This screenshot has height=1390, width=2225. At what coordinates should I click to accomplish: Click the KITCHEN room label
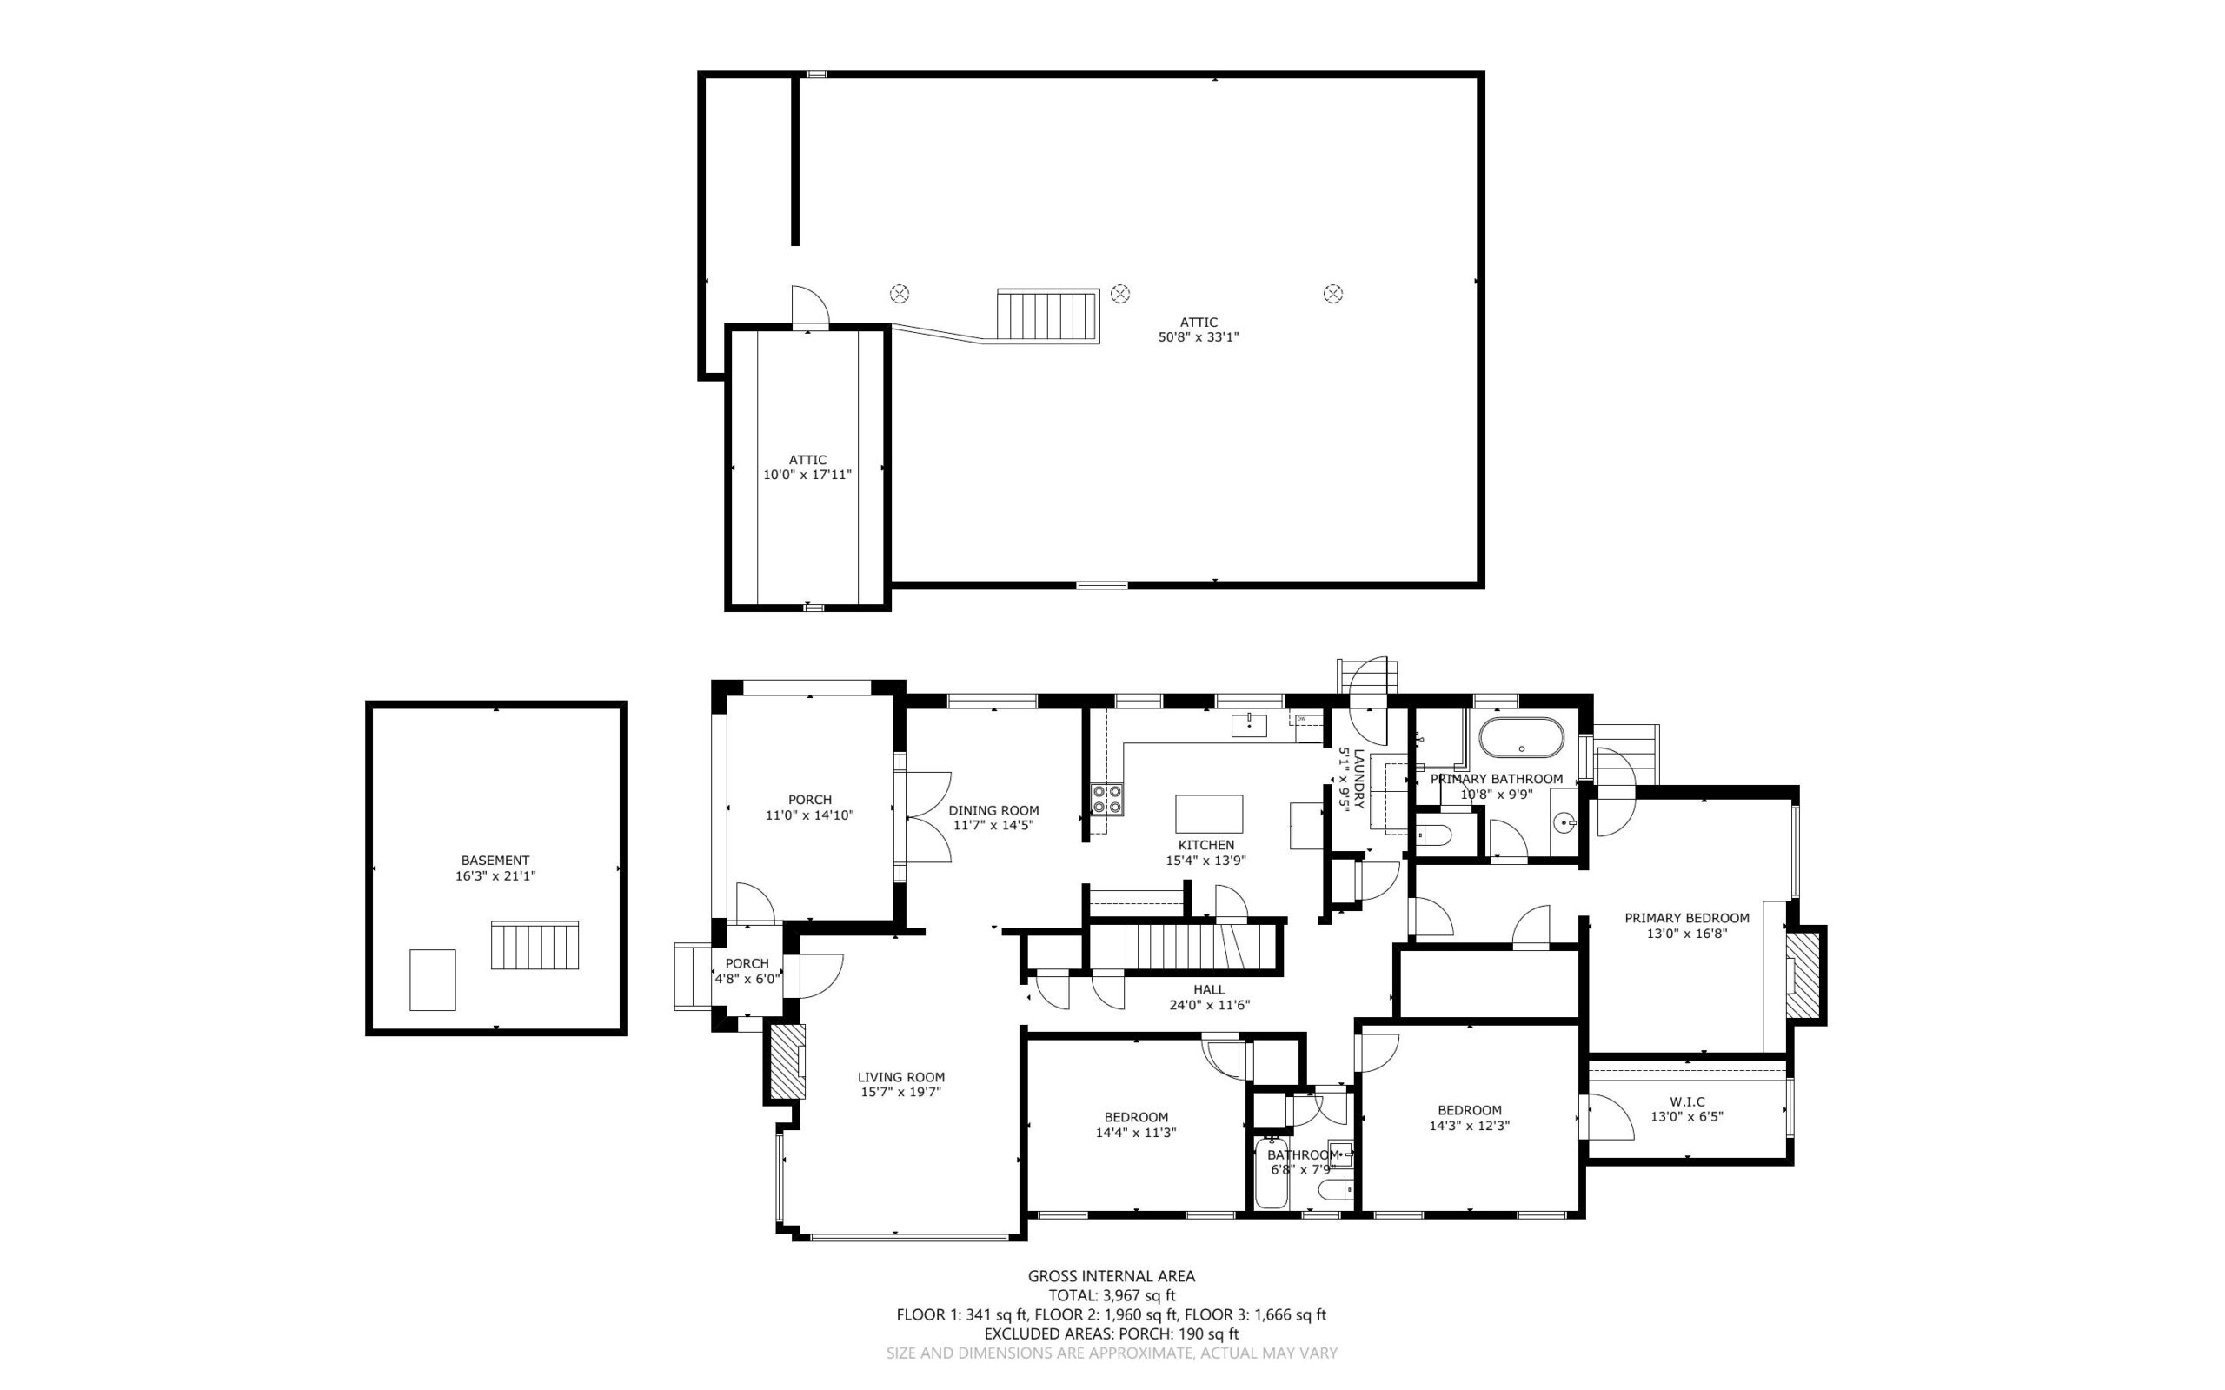click(1205, 845)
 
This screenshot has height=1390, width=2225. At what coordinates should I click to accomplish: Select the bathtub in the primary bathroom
click(1521, 737)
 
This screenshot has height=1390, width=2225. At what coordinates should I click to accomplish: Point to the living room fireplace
click(787, 1061)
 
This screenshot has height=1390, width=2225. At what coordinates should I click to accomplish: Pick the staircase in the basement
click(535, 945)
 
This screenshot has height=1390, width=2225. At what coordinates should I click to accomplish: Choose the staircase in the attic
click(1049, 316)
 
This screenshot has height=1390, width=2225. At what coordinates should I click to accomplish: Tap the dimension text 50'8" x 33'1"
click(1199, 337)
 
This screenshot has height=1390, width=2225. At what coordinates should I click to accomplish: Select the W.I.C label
click(1686, 1101)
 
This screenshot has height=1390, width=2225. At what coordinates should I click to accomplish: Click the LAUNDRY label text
click(1358, 778)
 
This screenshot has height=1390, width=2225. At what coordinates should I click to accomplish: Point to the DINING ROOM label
click(993, 811)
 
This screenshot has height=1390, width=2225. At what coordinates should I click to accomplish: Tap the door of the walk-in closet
click(1604, 1117)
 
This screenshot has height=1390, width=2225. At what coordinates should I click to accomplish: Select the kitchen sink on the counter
click(1249, 725)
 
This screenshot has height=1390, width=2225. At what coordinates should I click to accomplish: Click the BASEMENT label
click(495, 861)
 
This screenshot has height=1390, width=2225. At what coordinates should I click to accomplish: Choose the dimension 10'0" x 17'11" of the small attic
click(807, 476)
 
